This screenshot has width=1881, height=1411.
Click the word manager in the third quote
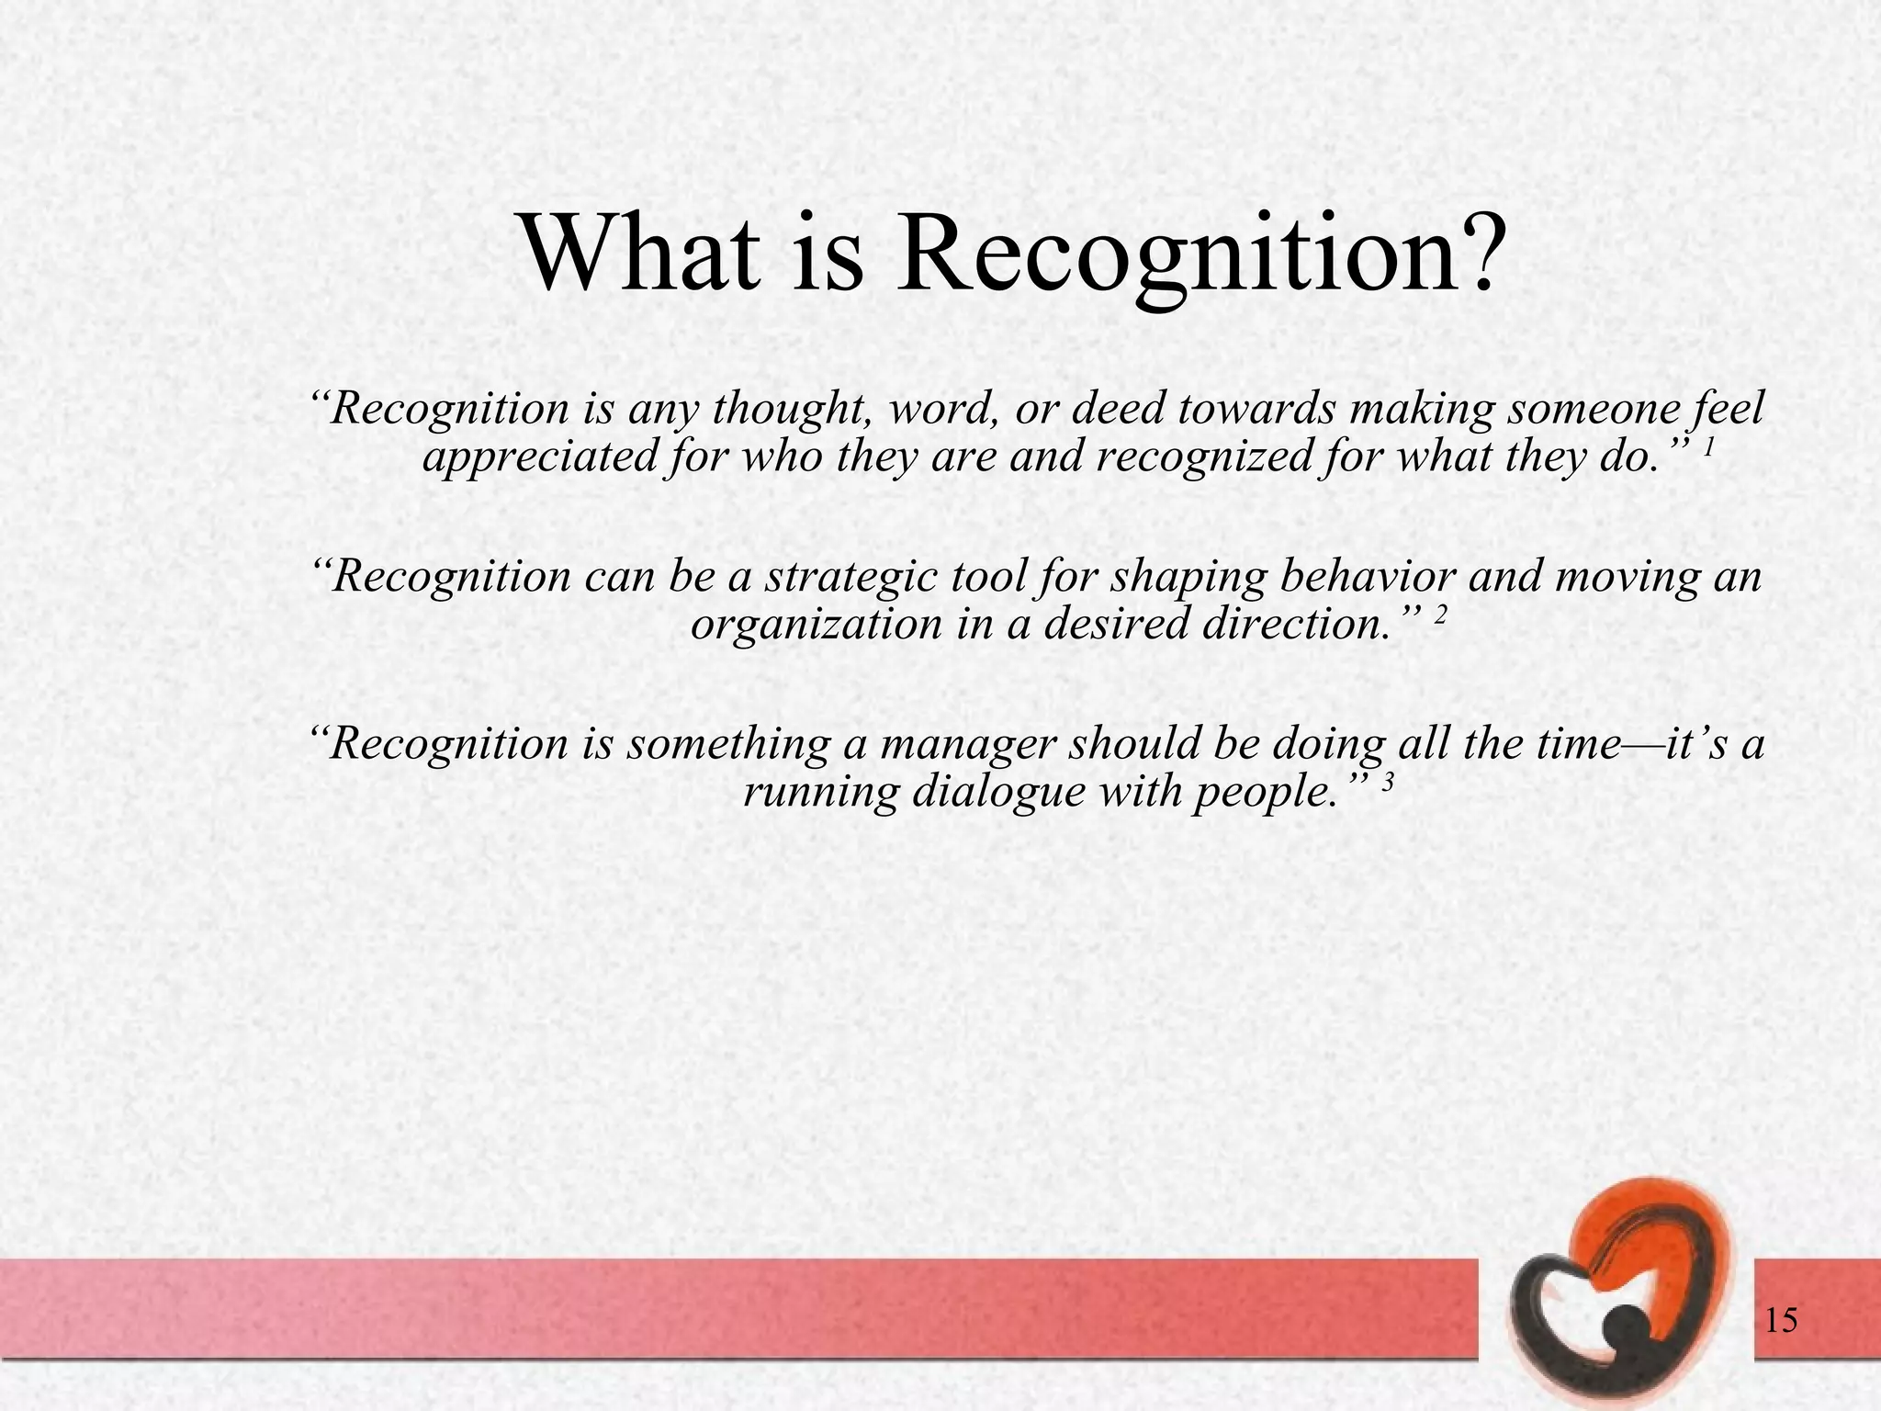click(963, 743)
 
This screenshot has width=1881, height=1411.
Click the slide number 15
click(1780, 1322)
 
